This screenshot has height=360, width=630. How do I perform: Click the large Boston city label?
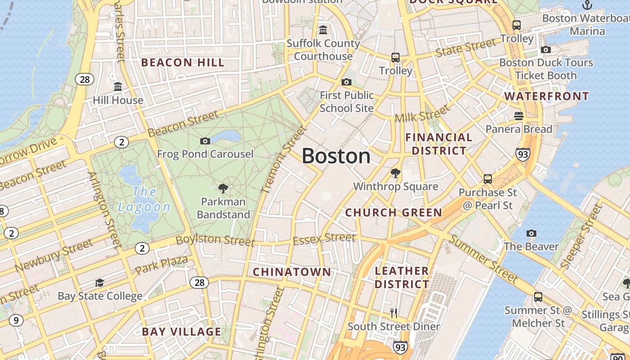click(x=336, y=156)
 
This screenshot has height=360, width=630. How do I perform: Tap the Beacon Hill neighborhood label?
click(x=183, y=63)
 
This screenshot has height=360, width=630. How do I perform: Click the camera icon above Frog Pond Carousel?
click(x=205, y=141)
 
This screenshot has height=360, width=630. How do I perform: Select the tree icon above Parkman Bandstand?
click(x=223, y=188)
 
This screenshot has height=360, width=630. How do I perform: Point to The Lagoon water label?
click(x=144, y=199)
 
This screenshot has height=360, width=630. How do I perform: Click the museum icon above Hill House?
click(x=118, y=86)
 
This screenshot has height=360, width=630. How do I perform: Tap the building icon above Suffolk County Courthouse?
click(x=323, y=30)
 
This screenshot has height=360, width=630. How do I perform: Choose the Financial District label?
click(x=439, y=144)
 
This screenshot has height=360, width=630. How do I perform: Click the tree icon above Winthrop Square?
click(x=396, y=173)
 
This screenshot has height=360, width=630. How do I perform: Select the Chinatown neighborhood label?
click(x=292, y=272)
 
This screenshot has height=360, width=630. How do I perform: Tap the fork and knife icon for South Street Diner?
click(x=394, y=313)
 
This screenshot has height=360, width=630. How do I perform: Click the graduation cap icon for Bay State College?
click(x=99, y=283)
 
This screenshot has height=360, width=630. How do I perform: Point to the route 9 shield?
click(x=16, y=320)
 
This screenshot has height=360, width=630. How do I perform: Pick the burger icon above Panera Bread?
click(x=518, y=116)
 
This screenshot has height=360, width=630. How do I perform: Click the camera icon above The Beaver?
click(x=531, y=233)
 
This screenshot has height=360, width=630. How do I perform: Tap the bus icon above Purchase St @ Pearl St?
click(x=488, y=179)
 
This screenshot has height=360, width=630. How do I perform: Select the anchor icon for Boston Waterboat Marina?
click(x=587, y=5)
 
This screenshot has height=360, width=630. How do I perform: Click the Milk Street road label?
click(x=422, y=114)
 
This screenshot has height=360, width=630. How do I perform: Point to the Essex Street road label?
click(x=324, y=238)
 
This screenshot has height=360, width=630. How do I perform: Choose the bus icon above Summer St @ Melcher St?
click(x=538, y=297)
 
